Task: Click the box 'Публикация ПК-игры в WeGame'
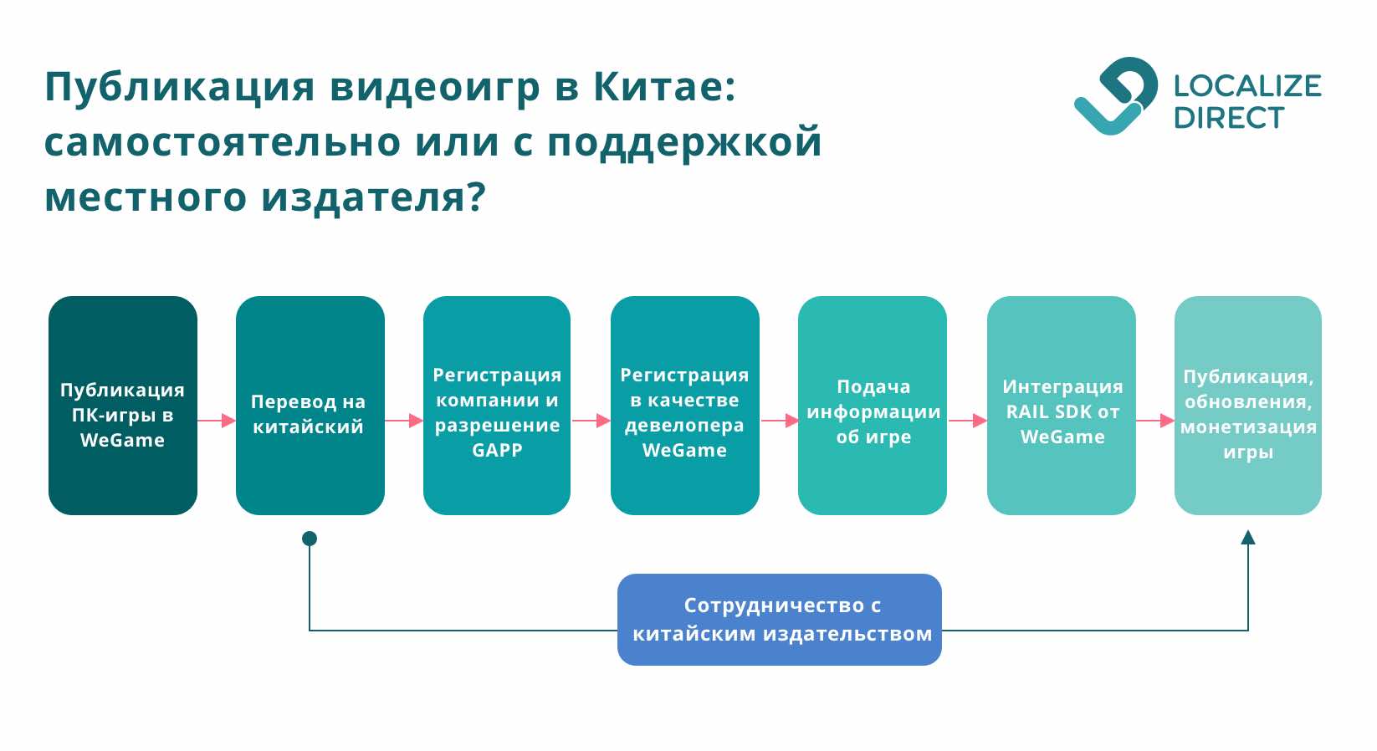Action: (123, 406)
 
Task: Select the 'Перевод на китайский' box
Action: (310, 406)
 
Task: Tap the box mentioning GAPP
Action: (497, 406)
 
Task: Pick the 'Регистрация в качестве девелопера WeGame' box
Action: (684, 406)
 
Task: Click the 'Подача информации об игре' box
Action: (873, 406)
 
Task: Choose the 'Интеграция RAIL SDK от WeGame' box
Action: (1061, 406)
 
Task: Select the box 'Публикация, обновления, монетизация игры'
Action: (1247, 406)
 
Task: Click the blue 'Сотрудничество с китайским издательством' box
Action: (780, 620)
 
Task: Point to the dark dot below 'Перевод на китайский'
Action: (310, 539)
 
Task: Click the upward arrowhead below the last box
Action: (1248, 538)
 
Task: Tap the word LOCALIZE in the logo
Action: (1246, 86)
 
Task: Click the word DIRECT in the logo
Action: (1228, 119)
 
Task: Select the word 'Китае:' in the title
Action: (664, 87)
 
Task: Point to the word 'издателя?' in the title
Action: (373, 198)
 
